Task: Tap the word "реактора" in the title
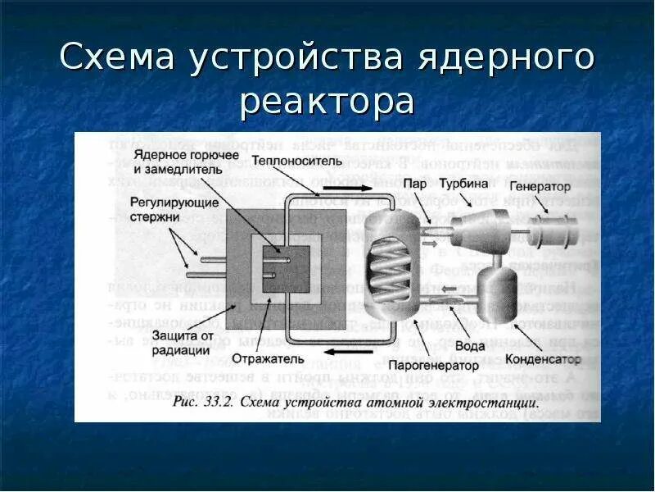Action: coord(327,102)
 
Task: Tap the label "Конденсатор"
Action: coord(543,359)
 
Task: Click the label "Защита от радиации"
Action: coord(183,344)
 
